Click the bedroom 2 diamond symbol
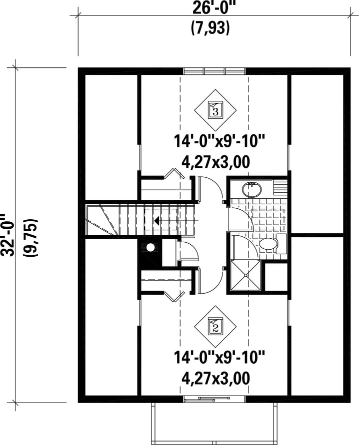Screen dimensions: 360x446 215,327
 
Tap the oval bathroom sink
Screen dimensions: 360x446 251,189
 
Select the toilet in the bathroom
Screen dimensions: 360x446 272,244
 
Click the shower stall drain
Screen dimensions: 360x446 245,275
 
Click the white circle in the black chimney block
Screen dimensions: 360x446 150,247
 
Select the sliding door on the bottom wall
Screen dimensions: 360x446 214,400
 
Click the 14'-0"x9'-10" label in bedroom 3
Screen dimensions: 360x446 219,141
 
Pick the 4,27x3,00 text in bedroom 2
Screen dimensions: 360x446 216,379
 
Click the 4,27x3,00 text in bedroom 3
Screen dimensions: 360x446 216,162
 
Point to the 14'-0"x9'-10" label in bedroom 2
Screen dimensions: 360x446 219,358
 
